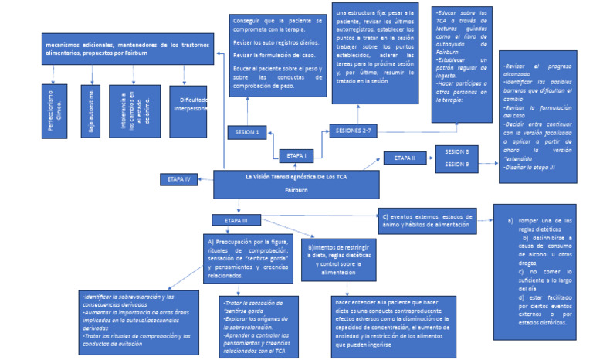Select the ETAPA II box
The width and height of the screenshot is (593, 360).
tap(405, 158)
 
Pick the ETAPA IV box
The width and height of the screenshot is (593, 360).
tap(178, 179)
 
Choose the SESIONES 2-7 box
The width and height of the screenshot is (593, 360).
tap(356, 131)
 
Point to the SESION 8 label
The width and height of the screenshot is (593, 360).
tap(457, 151)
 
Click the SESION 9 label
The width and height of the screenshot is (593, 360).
tap(457, 164)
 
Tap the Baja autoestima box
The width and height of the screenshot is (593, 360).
tap(90, 110)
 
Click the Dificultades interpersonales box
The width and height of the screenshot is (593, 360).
tap(189, 110)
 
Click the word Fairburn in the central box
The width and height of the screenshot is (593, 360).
tap(296, 189)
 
